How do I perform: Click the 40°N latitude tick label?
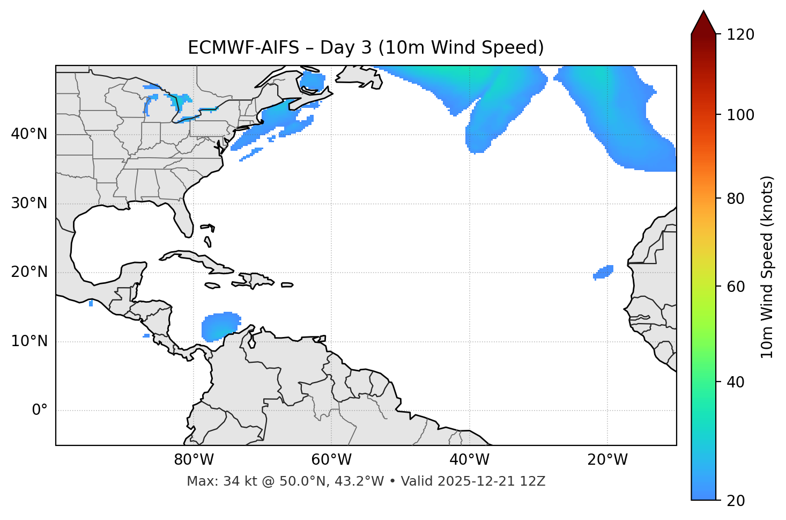pyautogui.click(x=29, y=134)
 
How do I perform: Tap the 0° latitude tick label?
pyautogui.click(x=39, y=411)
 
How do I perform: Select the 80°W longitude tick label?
pyautogui.click(x=194, y=460)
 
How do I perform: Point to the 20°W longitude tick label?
pyautogui.click(x=607, y=460)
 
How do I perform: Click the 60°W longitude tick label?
pyautogui.click(x=331, y=460)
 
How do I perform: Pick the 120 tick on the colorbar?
pyautogui.click(x=740, y=34)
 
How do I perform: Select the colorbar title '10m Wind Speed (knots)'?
pyautogui.click(x=767, y=267)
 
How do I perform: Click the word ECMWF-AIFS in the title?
pyautogui.click(x=243, y=48)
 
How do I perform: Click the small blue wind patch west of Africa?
pyautogui.click(x=604, y=272)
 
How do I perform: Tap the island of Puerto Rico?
pyautogui.click(x=287, y=285)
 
